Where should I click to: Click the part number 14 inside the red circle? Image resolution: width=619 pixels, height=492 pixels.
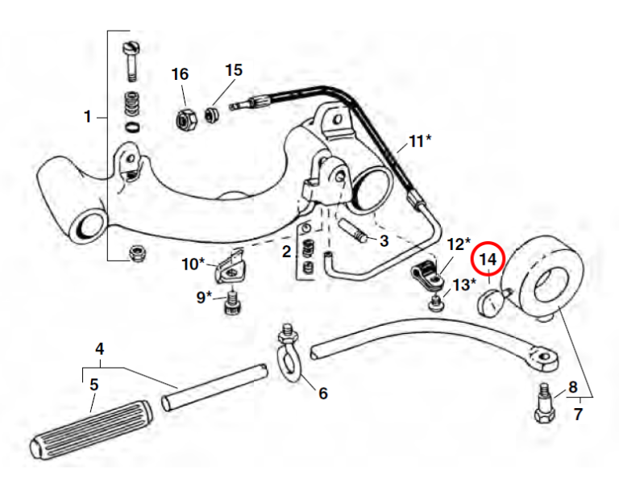[x=488, y=260]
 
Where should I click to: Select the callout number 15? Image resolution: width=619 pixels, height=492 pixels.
[x=233, y=70]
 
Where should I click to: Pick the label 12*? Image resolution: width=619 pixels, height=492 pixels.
[x=458, y=244]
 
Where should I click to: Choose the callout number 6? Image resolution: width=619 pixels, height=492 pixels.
[x=322, y=394]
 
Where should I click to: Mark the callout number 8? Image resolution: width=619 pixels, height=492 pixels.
[x=573, y=386]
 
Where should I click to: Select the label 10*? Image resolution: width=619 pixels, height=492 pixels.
[x=193, y=263]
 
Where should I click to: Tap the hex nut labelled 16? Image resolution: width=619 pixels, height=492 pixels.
[x=183, y=118]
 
